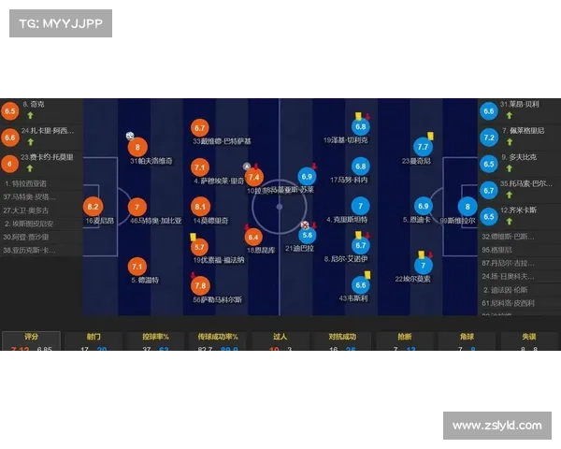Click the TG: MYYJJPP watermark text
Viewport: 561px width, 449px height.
click(x=59, y=23)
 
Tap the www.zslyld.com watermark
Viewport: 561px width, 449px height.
click(x=496, y=426)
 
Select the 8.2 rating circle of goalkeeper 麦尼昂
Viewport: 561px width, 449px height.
click(x=93, y=207)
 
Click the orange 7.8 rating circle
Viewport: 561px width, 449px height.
click(x=199, y=285)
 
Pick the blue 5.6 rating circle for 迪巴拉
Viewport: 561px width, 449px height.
click(x=308, y=236)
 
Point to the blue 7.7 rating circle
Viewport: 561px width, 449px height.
click(x=423, y=147)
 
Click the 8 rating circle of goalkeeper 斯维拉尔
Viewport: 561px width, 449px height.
click(x=467, y=207)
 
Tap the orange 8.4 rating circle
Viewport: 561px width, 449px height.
click(x=252, y=237)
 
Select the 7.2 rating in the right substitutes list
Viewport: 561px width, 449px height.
click(x=488, y=138)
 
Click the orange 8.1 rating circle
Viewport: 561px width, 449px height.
click(x=199, y=207)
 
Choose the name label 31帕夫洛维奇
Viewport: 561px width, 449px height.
click(x=151, y=161)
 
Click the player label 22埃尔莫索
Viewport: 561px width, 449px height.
click(x=412, y=279)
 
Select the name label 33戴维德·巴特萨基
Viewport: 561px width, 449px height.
click(x=222, y=141)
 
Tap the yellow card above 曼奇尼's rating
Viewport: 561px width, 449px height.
click(x=425, y=134)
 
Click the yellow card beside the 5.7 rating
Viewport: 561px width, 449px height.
click(x=191, y=237)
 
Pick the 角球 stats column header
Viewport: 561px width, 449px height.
click(x=467, y=336)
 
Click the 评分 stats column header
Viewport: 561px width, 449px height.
click(x=32, y=336)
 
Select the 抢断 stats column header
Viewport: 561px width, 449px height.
click(x=404, y=336)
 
